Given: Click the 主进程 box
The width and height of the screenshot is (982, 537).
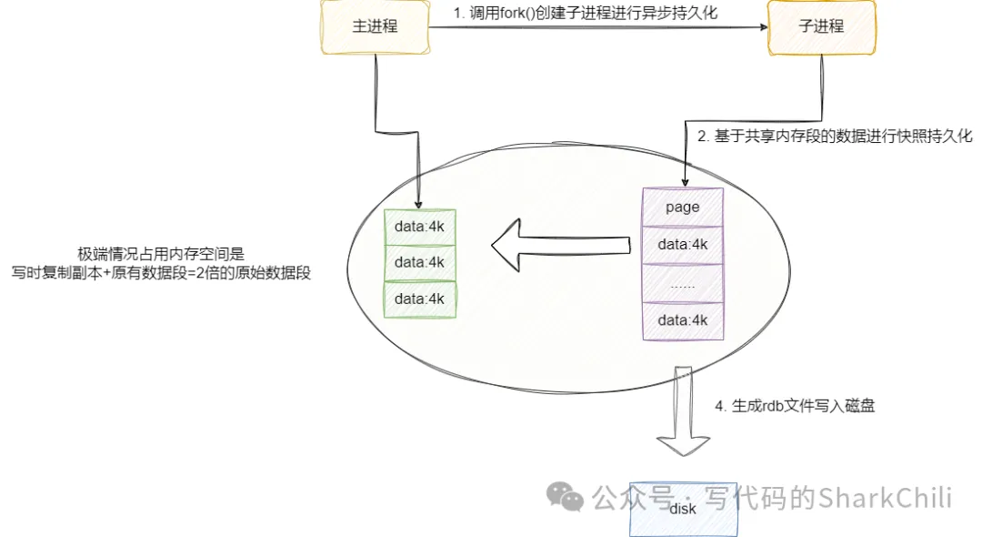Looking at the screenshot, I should pos(375,25).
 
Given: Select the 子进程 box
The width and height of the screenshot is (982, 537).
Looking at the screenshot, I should pos(821,25).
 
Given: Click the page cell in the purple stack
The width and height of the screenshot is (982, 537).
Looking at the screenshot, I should pos(682,207).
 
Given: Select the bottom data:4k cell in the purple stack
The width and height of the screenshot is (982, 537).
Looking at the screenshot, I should pos(682,320).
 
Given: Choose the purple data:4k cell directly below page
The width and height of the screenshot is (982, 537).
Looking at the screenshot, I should pos(682,245).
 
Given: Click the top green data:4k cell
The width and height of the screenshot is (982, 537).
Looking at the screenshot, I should pos(419,226).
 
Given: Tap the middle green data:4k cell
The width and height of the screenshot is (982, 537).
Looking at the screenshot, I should pos(419,262).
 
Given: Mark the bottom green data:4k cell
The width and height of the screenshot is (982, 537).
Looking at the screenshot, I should pos(419,299).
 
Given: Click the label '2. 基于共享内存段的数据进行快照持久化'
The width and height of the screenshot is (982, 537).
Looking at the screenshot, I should pos(835,137).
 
